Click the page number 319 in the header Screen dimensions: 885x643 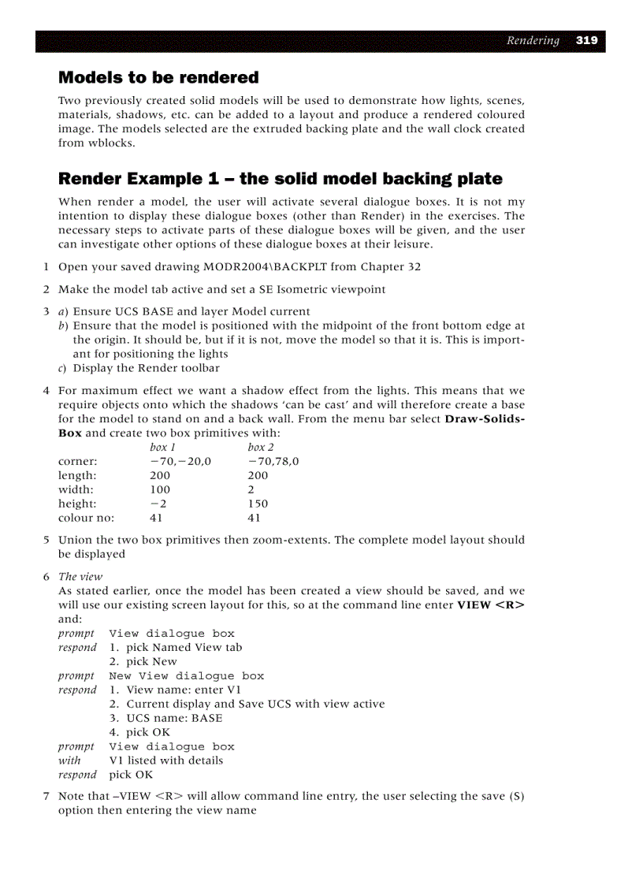click(586, 41)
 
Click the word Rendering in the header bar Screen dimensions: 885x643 click(533, 41)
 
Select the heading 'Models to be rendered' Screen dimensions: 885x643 click(158, 77)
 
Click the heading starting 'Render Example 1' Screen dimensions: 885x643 click(280, 179)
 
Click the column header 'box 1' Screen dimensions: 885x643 click(162, 448)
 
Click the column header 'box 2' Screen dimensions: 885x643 click(260, 448)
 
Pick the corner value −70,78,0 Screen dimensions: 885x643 click(273, 462)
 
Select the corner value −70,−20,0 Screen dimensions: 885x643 click(180, 462)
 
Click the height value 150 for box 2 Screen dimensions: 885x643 click(257, 504)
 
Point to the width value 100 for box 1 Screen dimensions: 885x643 click(159, 489)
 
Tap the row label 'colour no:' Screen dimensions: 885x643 click(86, 518)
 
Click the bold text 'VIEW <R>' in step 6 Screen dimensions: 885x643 click(490, 605)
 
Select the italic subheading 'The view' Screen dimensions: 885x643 click(80, 577)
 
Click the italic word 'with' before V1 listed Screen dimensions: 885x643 click(69, 760)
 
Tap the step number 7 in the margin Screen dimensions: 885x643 click(46, 797)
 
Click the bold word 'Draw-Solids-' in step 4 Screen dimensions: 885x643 click(484, 419)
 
